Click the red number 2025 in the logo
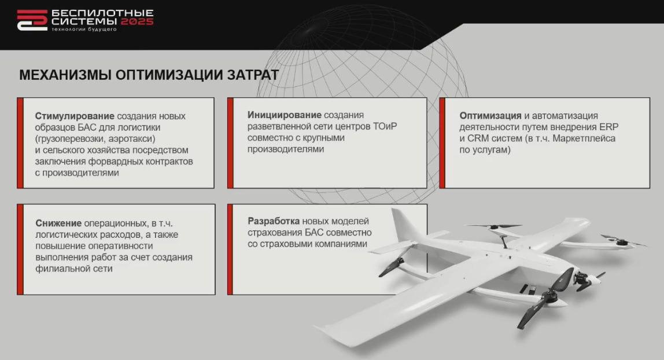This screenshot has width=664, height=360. [137, 21]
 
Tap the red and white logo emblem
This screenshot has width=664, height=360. [32, 20]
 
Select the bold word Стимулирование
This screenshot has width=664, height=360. [75, 116]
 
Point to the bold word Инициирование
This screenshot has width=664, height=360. [285, 115]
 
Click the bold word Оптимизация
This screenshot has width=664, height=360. [490, 116]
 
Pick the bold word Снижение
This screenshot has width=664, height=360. [58, 223]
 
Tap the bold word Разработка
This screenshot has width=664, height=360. [274, 221]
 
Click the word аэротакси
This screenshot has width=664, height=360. [132, 139]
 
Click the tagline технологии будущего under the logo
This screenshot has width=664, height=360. [84, 29]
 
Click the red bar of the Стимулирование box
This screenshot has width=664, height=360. [20, 143]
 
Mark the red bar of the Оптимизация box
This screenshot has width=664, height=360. [442, 143]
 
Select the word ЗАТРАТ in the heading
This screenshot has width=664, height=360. [253, 75]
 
